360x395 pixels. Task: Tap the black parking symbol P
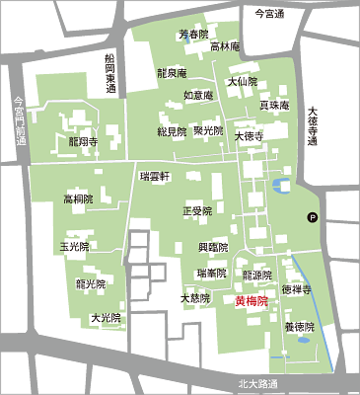point(313,218)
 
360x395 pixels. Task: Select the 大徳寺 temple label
point(249,137)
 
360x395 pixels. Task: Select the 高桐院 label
point(78,198)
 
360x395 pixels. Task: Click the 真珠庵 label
point(273,105)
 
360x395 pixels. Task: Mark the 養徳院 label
point(299,326)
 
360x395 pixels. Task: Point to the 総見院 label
point(171,130)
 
